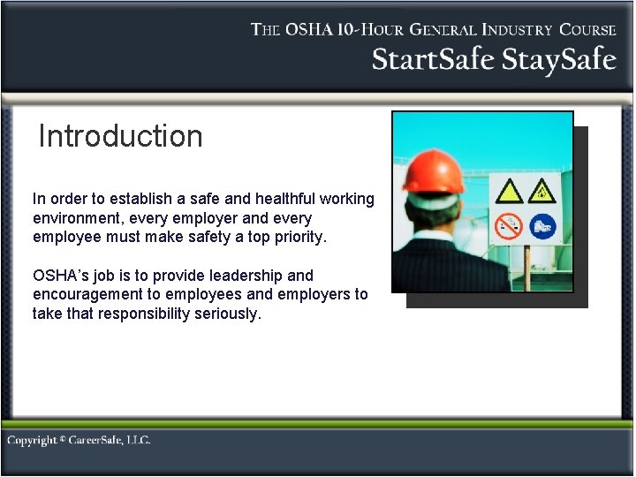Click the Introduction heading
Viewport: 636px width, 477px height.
[121, 137]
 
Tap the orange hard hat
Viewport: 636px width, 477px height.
[433, 171]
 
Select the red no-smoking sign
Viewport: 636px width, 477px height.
[509, 225]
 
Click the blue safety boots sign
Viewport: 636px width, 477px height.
[544, 225]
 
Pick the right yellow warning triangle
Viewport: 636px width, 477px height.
[543, 191]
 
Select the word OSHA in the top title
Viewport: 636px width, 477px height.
[308, 29]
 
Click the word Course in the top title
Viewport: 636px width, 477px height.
[586, 29]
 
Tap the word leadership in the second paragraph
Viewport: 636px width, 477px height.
[244, 276]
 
